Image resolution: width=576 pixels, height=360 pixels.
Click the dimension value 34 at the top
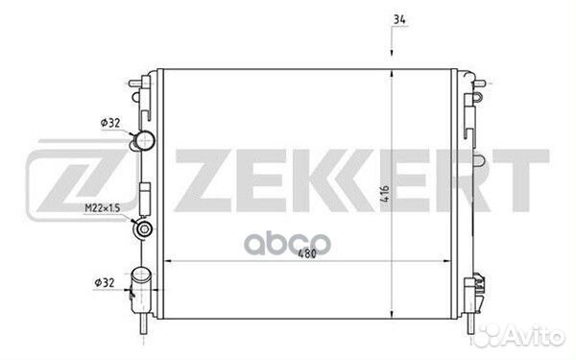[399, 19]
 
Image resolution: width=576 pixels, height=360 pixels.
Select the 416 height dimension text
[384, 194]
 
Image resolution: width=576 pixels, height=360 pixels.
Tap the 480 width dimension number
[307, 253]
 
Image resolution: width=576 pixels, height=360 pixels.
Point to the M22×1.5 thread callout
[103, 208]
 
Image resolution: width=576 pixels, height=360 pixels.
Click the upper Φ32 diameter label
[110, 123]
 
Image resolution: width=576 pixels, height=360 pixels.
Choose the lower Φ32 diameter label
[105, 283]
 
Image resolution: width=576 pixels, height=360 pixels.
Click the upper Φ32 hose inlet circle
[145, 140]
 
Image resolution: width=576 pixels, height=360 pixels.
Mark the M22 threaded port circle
[144, 228]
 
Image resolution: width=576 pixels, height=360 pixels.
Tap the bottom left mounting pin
[143, 324]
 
